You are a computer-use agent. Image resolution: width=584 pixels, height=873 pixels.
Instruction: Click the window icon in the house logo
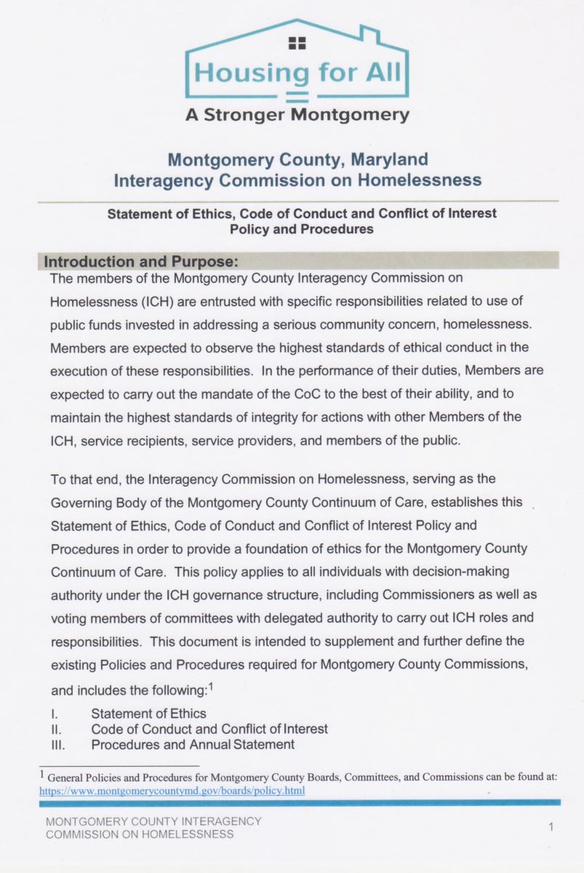[x=297, y=43]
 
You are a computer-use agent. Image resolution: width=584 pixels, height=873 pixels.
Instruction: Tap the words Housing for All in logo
[x=297, y=73]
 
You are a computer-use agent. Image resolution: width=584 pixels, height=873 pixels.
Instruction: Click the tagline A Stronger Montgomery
[x=297, y=115]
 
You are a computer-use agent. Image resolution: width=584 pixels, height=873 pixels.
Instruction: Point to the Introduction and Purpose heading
[x=142, y=261]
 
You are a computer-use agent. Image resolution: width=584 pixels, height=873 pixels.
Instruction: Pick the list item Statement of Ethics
[x=148, y=714]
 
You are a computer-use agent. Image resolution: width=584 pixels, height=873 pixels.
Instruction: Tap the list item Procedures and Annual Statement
[x=193, y=744]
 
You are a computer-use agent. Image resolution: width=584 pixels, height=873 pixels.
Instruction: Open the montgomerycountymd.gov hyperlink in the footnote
[x=172, y=790]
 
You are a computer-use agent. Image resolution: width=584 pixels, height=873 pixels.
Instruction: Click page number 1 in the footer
[x=551, y=827]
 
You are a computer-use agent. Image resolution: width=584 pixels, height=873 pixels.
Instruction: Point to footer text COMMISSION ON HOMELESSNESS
[x=140, y=834]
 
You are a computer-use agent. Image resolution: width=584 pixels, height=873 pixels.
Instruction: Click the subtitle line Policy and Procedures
[x=301, y=228]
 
